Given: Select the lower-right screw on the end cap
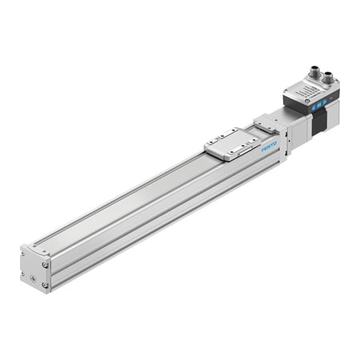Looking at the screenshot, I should click(x=46, y=283).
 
